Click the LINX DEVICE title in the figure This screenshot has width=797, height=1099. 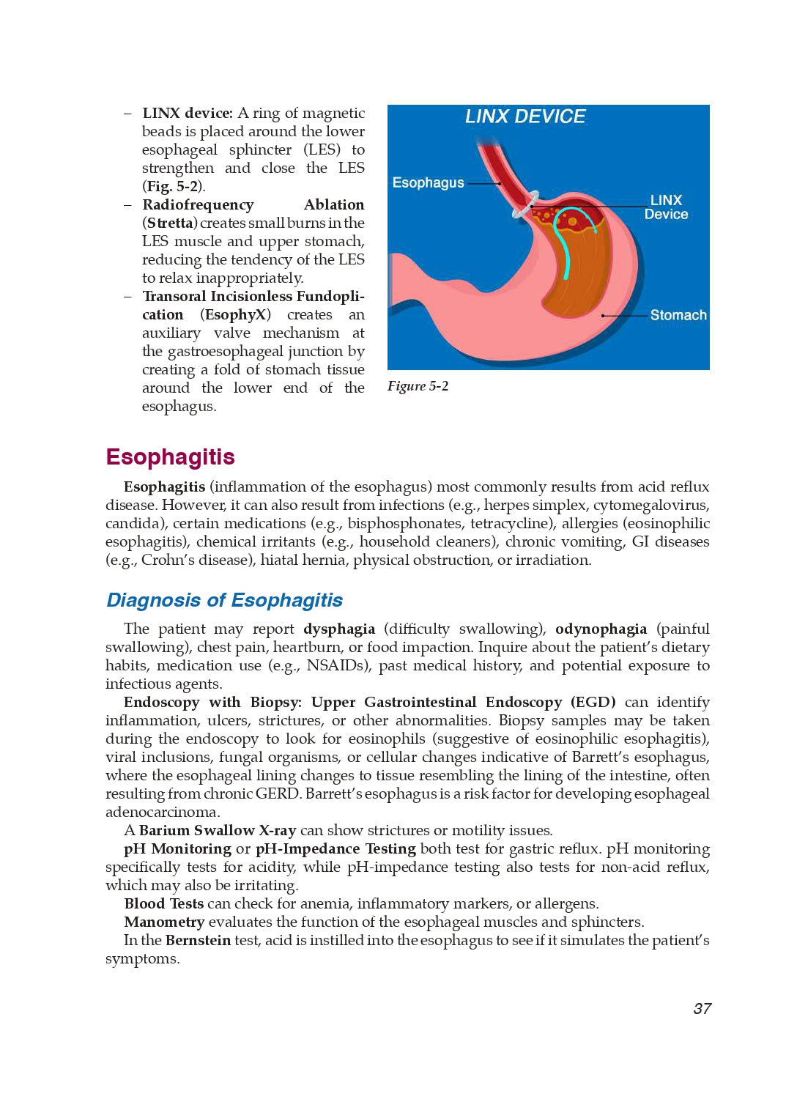(525, 116)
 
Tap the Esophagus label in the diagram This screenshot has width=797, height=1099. (428, 182)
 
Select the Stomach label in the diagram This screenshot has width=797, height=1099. (678, 315)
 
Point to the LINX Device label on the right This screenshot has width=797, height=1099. (666, 207)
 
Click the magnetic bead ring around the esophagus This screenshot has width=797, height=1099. (525, 205)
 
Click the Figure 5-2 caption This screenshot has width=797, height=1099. (418, 386)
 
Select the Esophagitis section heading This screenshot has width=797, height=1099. (170, 456)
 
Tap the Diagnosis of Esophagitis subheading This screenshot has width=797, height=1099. (224, 600)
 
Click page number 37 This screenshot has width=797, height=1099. (702, 1009)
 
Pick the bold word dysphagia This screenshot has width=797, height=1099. (339, 629)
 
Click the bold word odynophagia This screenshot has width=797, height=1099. (601, 629)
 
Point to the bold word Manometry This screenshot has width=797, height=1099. (164, 922)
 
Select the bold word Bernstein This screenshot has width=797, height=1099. (198, 940)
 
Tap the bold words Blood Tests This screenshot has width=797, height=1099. (164, 903)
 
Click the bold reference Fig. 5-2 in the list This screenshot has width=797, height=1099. (172, 186)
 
